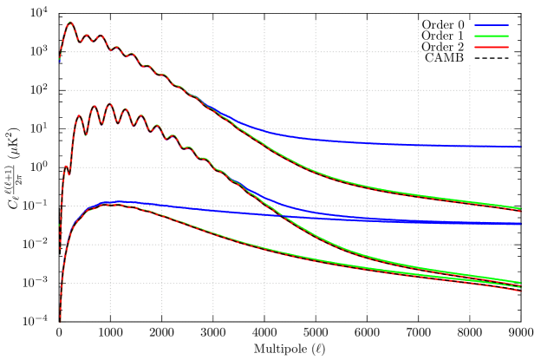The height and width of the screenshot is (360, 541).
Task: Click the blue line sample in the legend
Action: coord(491,25)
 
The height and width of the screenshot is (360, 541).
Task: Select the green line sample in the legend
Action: coord(491,36)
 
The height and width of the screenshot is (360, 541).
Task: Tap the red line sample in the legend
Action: coord(491,47)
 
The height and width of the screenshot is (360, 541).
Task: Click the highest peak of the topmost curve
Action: coord(70,23)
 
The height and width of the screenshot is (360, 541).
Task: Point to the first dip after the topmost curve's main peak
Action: coord(79,41)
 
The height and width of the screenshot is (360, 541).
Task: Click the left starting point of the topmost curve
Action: coord(60,61)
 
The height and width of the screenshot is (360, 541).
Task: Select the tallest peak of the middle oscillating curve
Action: coord(109,105)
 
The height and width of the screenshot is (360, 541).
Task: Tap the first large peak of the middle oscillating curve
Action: coord(79,115)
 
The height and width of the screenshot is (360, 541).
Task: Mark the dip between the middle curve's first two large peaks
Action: coord(86,134)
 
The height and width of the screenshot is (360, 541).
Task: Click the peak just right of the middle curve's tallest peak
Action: coord(123,110)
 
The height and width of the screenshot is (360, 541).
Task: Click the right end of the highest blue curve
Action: coord(520,147)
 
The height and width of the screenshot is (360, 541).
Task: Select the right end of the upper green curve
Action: coord(520,208)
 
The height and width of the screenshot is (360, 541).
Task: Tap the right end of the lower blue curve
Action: coord(520,224)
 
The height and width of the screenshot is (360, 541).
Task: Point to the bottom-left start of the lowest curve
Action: coord(60,319)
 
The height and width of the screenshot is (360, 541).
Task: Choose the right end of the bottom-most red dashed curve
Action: coord(520,291)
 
